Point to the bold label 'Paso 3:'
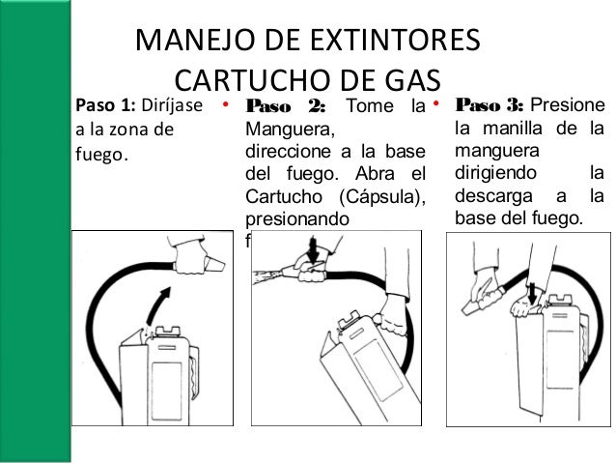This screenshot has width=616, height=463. coord(490,104)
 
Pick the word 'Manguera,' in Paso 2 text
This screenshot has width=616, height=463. coord(290,129)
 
